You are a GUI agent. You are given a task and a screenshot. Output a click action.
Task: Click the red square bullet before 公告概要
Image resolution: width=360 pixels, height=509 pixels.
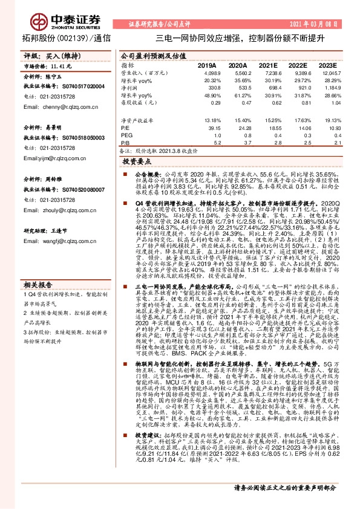[x=123, y=173]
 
